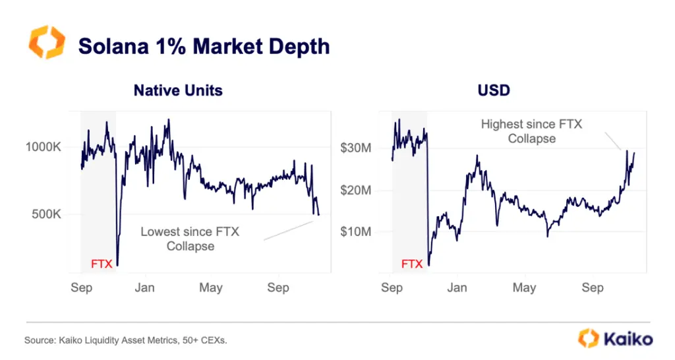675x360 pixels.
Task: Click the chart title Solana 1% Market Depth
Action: tap(204, 46)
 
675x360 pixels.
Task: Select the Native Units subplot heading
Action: tap(178, 90)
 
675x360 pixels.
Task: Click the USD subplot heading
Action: tap(494, 90)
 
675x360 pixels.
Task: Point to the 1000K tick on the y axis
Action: tap(44, 147)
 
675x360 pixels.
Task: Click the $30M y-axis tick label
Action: tap(355, 148)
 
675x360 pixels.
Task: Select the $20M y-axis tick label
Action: tap(355, 190)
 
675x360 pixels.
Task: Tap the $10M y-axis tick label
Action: tap(355, 231)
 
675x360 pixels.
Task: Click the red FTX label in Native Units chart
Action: tap(101, 264)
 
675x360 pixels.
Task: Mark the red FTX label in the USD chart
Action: tap(412, 264)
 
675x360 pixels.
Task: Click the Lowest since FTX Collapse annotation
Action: tap(190, 239)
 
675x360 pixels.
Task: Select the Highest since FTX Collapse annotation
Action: tap(531, 131)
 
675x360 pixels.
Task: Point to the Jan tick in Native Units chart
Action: tap(144, 288)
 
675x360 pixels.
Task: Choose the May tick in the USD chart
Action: tap(524, 288)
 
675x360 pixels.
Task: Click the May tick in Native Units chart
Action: tap(211, 288)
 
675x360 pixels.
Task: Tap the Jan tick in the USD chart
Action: tap(457, 288)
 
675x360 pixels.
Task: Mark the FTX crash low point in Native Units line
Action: tap(117, 264)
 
